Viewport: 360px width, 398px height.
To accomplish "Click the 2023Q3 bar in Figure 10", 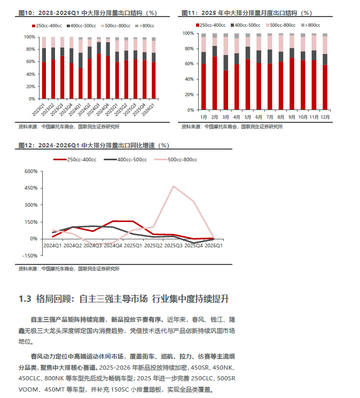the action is tap(62, 68).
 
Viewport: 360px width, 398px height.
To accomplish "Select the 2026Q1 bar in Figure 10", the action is tap(153, 68).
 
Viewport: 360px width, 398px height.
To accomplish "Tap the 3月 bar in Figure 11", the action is tap(225, 72).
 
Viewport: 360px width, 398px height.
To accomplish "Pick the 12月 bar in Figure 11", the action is tap(325, 72).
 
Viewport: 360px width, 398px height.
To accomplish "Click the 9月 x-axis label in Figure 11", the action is tap(292, 117).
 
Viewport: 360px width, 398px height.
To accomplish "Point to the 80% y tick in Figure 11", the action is tap(189, 49).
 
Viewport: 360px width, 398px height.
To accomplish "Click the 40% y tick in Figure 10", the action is tap(30, 74).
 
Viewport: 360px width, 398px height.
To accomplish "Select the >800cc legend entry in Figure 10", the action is tap(145, 26).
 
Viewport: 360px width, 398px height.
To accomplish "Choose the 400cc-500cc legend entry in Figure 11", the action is tap(246, 25).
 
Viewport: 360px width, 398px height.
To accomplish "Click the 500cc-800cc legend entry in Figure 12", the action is tap(176, 160).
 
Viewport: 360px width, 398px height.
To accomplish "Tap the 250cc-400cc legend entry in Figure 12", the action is tap(75, 160).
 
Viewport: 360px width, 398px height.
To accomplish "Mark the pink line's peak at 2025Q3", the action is tap(173, 186).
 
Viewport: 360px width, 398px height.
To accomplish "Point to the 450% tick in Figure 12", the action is tap(31, 188).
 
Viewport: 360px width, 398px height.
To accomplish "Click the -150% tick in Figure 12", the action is tap(30, 255).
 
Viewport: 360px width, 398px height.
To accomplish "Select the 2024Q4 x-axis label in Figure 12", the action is tap(113, 246).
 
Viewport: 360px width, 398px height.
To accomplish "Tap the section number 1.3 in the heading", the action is tap(25, 299).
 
